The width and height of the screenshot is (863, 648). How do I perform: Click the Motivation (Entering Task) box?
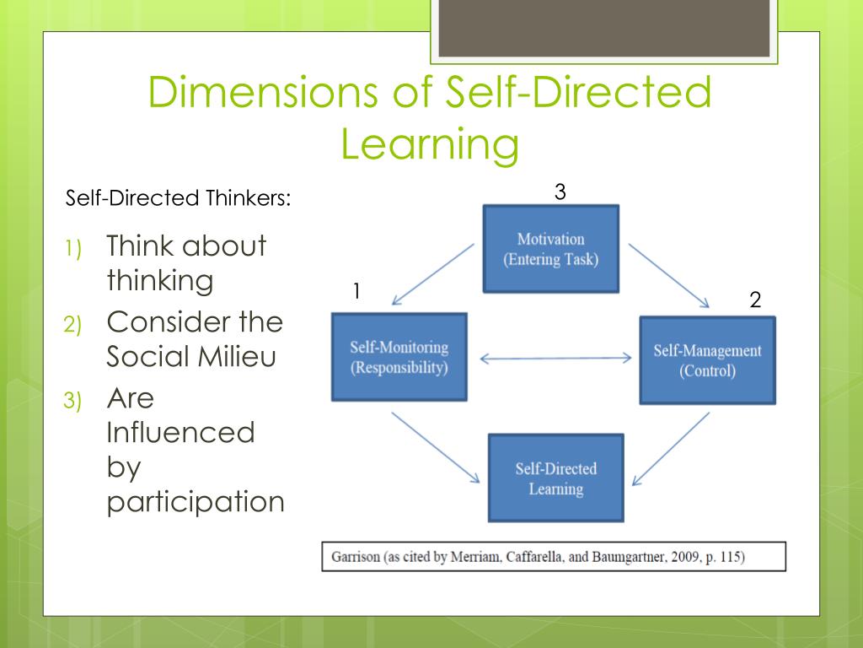[x=550, y=249]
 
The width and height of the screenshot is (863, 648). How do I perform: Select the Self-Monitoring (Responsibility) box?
[x=399, y=357]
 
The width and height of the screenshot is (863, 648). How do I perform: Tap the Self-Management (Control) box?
[x=707, y=360]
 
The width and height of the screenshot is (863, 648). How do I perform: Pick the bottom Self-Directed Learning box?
[x=555, y=478]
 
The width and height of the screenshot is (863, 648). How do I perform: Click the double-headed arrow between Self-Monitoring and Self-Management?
[x=555, y=358]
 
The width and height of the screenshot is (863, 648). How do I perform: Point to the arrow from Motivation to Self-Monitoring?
[x=433, y=273]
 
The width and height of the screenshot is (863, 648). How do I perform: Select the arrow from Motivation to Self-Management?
[x=670, y=276]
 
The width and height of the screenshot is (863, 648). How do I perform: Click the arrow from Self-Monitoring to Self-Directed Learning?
[x=435, y=447]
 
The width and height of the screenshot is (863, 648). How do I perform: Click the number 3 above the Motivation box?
[x=560, y=192]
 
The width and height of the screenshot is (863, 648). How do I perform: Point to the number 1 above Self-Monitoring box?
[x=356, y=291]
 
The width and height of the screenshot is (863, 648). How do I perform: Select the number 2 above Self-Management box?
[x=755, y=300]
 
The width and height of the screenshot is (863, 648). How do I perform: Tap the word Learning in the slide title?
[x=430, y=144]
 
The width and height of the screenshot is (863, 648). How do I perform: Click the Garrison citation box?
[x=553, y=557]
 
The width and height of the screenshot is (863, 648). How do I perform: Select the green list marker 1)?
[x=72, y=250]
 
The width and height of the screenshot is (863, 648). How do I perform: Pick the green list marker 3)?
[x=72, y=402]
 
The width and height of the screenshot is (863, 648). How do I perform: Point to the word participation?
[x=196, y=501]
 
